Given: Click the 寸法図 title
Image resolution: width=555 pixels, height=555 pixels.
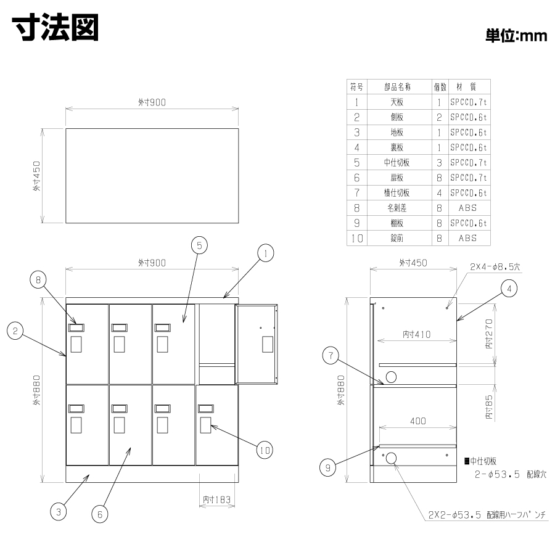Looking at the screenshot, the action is tap(55, 28).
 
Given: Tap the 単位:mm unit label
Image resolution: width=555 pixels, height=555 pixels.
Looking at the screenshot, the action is tap(516, 36).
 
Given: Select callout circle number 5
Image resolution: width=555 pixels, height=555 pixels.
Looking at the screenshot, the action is tap(199, 245).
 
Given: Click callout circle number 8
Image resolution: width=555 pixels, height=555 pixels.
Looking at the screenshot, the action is tap(38, 280).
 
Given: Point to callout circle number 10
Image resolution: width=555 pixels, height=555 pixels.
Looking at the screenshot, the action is tap(265, 450).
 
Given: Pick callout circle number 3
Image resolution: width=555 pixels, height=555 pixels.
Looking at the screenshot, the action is tap(59, 512).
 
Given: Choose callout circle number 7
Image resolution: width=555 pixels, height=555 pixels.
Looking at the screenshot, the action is tap(331, 355).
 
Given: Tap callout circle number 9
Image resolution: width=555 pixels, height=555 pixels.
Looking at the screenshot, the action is tap(327, 468).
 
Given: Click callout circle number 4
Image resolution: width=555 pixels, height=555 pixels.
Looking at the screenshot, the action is tap(509, 289).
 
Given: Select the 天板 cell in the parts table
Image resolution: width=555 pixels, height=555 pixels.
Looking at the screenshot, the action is tap(397, 102).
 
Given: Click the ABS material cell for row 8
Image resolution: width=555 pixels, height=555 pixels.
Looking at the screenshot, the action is tap(467, 208).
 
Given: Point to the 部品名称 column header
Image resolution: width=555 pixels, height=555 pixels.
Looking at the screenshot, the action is tap(398, 87).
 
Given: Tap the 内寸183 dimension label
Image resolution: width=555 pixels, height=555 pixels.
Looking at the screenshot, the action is tap(216, 499).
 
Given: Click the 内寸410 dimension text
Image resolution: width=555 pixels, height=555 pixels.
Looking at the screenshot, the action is tap(417, 334).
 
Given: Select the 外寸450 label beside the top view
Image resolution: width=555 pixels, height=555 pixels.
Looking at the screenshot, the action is tap(37, 176).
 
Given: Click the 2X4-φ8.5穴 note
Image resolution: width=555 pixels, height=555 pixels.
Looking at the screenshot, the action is tap(495, 266).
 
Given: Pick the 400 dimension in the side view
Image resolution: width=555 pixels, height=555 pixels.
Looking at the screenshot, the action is tap(418, 421).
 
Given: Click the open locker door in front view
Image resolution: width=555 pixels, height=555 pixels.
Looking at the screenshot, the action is tap(257, 344).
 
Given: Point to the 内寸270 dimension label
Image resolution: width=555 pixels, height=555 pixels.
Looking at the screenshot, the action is tap(489, 334).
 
